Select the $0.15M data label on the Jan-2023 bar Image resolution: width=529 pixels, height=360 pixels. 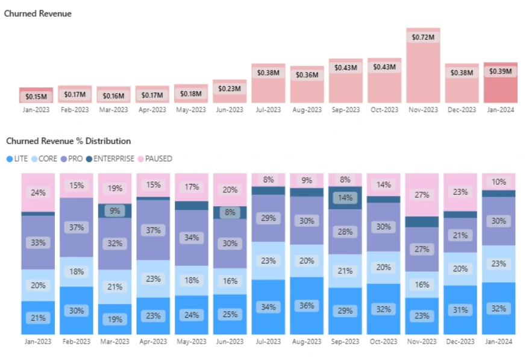click(36, 96)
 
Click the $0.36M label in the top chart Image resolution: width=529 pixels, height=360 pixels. click(307, 75)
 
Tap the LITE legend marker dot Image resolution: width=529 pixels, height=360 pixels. click(9, 159)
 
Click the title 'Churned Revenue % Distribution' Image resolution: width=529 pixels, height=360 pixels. click(68, 141)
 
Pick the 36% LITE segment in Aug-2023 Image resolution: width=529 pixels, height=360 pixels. click(307, 306)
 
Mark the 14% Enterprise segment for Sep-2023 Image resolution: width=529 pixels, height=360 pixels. click(345, 198)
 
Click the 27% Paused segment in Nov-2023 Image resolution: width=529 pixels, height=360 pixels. click(422, 195)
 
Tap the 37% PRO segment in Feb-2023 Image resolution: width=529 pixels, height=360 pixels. click(76, 227)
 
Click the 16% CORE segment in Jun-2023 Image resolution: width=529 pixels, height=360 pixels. click(230, 281)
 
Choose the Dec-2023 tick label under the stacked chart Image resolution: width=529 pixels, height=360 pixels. click(461, 341)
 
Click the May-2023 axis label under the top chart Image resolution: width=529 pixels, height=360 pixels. click(191, 110)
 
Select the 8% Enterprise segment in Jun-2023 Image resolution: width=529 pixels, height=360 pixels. click(230, 212)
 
